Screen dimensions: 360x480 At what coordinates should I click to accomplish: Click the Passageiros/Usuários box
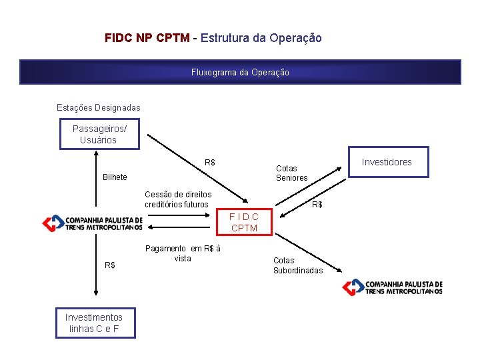click(x=98, y=134)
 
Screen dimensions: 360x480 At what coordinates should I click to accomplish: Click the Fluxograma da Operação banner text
click(x=240, y=72)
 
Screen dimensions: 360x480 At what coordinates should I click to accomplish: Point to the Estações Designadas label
click(x=98, y=107)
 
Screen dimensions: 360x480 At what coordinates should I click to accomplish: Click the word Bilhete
click(x=115, y=177)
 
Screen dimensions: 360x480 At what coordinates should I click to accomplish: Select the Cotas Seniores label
click(x=292, y=173)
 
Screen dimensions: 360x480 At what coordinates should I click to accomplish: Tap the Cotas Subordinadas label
click(x=298, y=265)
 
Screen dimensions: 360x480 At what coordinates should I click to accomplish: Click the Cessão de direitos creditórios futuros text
click(x=178, y=199)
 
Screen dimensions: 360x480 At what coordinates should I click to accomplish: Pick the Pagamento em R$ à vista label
click(x=183, y=253)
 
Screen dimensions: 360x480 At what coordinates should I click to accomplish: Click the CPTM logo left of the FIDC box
click(x=93, y=223)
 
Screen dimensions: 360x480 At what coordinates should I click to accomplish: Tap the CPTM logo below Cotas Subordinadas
click(x=393, y=287)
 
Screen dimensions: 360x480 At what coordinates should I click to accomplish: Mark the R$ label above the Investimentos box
click(x=110, y=265)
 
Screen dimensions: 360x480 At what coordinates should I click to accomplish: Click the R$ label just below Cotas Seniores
click(x=317, y=205)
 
